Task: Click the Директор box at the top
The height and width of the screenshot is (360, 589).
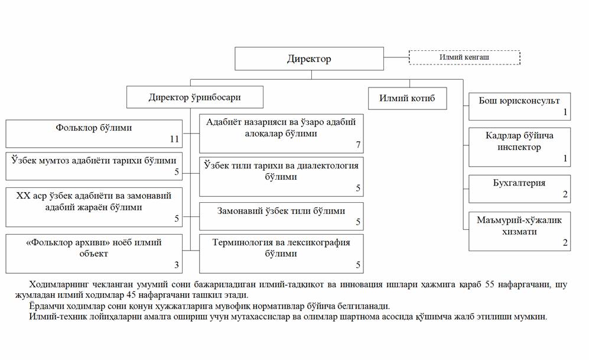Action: (309, 59)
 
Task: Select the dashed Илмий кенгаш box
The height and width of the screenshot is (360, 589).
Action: (464, 57)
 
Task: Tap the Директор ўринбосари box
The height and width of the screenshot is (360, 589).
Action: (194, 97)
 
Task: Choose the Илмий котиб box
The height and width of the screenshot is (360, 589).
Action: (406, 98)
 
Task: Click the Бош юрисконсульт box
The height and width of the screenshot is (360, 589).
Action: (519, 105)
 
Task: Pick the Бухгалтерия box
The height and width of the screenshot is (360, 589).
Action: (519, 189)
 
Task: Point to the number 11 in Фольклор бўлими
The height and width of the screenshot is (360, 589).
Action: (174, 140)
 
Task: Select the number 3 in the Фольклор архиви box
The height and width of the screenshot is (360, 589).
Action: (176, 264)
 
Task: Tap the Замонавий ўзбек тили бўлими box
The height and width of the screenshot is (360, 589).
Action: (281, 216)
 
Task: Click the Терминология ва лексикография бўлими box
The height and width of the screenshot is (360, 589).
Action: (281, 252)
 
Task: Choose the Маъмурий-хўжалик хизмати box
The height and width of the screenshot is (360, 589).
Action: (519, 231)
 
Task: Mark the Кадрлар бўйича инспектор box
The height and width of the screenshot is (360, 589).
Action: (519, 145)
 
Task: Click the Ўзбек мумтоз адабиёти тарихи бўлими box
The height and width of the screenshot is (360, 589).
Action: (93, 166)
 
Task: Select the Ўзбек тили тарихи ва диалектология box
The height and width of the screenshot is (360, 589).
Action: (281, 176)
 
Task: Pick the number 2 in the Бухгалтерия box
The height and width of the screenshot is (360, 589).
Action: (565, 194)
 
